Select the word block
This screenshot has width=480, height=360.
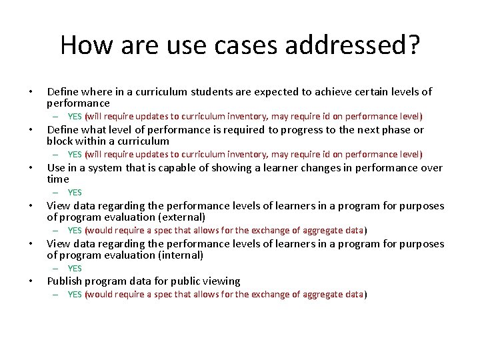60,141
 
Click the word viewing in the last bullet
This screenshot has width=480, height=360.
221,281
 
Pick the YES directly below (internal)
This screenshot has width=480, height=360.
75,269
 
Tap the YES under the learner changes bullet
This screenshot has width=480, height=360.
75,193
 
